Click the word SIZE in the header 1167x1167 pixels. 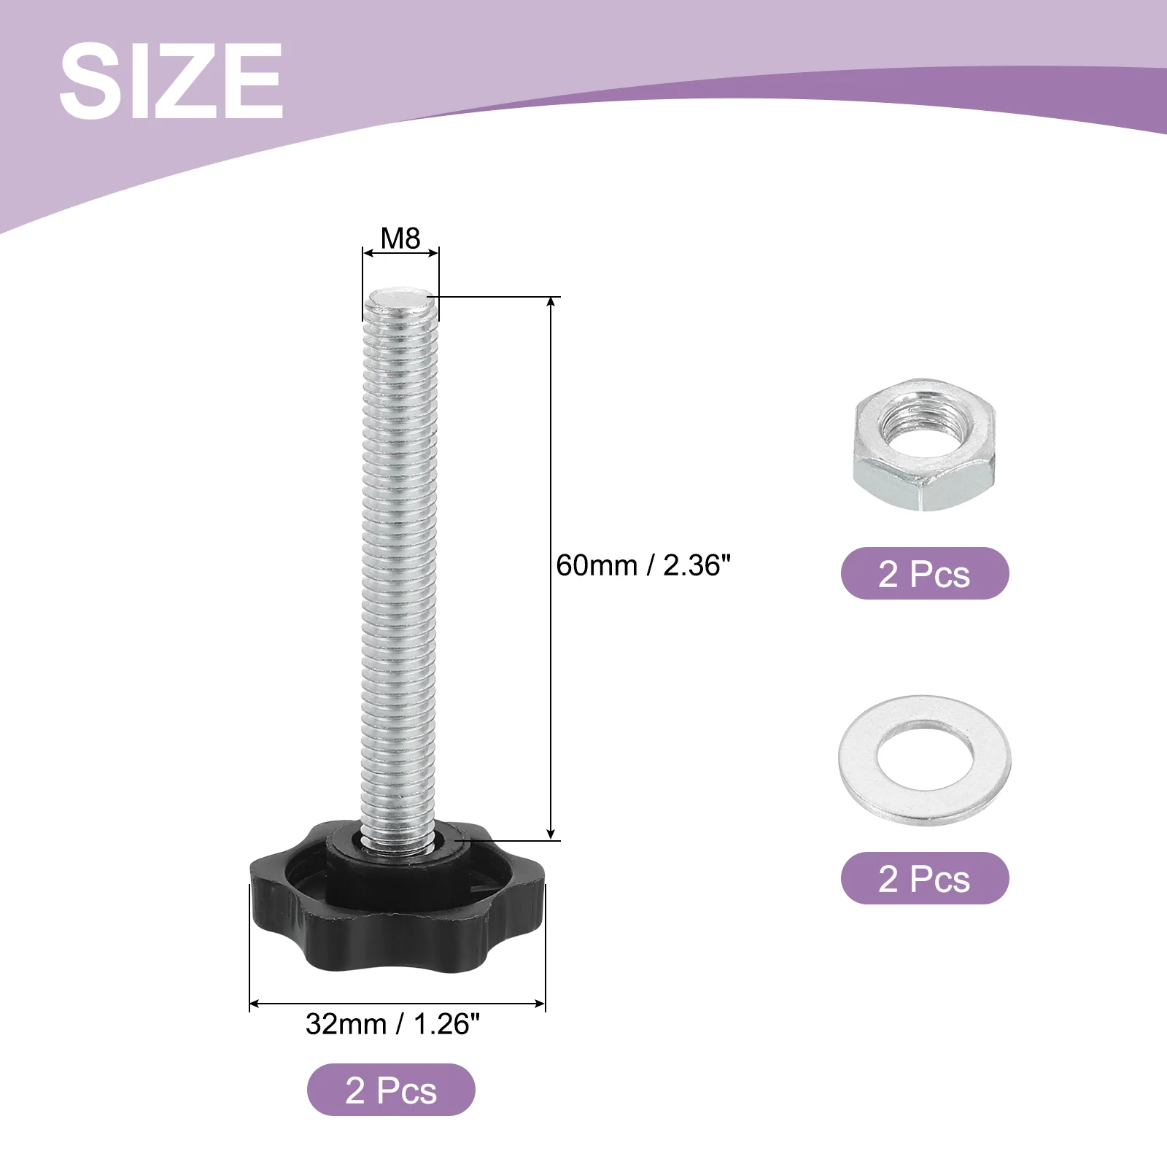171,80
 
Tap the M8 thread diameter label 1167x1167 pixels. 400,238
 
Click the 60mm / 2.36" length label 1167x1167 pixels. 643,565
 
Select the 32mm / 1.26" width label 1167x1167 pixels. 392,1024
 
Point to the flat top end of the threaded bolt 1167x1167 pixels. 400,297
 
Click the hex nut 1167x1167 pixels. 924,448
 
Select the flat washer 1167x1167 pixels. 925,760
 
